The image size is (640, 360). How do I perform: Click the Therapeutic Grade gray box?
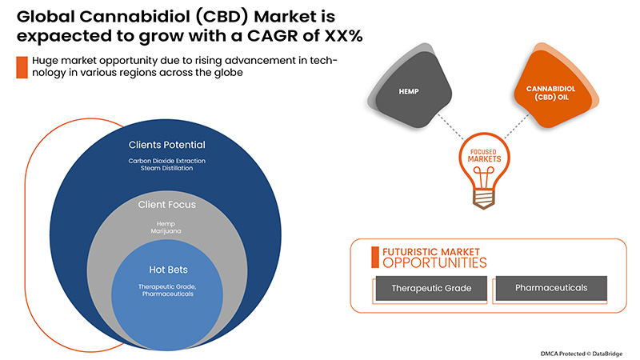pyautogui.click(x=430, y=287)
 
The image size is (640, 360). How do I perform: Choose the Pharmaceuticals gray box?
pyautogui.click(x=551, y=287)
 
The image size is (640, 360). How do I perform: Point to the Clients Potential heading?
pyautogui.click(x=167, y=145)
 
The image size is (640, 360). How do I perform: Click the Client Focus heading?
pyautogui.click(x=167, y=205)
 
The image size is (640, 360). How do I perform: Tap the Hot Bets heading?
pyautogui.click(x=167, y=270)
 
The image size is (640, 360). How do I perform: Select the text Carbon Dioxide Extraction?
pyautogui.click(x=167, y=161)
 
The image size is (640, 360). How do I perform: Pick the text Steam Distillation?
pyautogui.click(x=167, y=170)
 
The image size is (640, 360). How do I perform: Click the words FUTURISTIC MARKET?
pyautogui.click(x=431, y=250)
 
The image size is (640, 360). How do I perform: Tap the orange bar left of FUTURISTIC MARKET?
pyautogui.click(x=374, y=256)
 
